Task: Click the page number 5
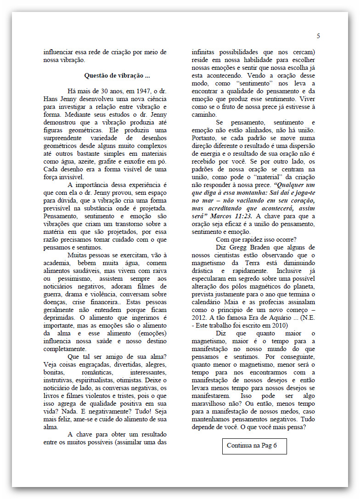[318, 36]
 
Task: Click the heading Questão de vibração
[117, 75]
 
